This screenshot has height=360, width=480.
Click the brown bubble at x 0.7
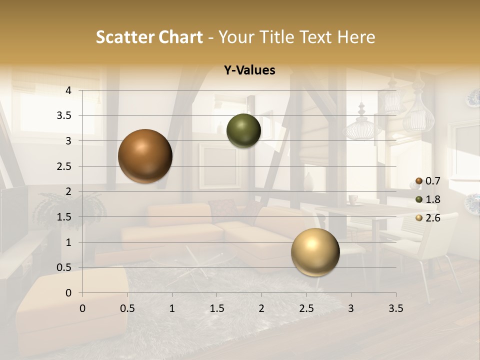click(x=145, y=156)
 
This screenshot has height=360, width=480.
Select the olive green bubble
click(x=243, y=130)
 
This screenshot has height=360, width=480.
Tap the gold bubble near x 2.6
click(x=315, y=252)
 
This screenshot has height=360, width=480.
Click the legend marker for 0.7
click(x=419, y=180)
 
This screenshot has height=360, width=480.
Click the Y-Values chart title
click(x=249, y=70)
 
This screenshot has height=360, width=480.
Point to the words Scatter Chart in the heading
click(x=149, y=36)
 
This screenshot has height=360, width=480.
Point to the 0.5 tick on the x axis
click(x=127, y=308)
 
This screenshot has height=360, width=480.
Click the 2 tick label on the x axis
click(x=261, y=308)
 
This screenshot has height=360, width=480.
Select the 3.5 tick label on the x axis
click(x=396, y=308)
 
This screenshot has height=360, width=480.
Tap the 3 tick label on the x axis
click(x=351, y=308)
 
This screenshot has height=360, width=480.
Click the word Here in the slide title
click(x=356, y=36)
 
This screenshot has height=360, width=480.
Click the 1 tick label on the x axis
click(x=172, y=308)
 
